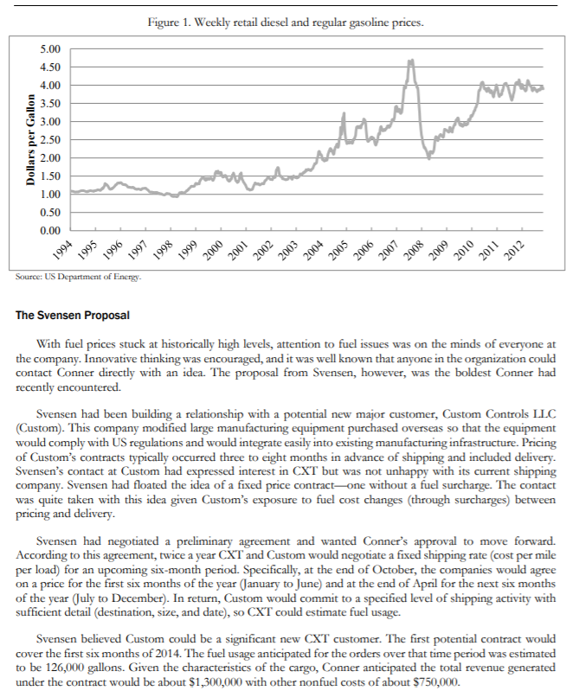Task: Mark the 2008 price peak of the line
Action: click(x=410, y=61)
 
